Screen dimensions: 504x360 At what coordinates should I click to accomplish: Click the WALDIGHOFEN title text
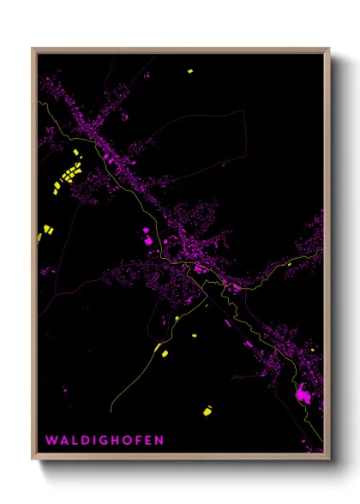pyautogui.click(x=104, y=441)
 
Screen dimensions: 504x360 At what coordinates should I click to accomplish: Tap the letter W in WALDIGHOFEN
pyautogui.click(x=51, y=441)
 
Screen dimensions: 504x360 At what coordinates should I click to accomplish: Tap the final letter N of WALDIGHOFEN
pyautogui.click(x=159, y=441)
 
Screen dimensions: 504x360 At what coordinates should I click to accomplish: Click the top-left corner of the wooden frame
pyautogui.click(x=33, y=49)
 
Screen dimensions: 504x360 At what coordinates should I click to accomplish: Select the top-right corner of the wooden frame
pyautogui.click(x=329, y=49)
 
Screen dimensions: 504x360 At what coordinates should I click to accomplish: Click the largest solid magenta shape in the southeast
pyautogui.click(x=302, y=395)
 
